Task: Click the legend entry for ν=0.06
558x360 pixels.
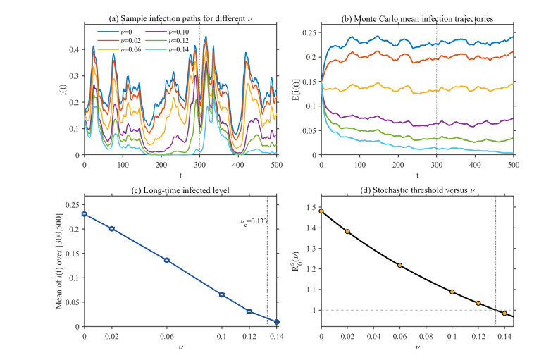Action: [x=119, y=49]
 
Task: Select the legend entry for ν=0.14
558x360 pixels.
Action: [x=167, y=49]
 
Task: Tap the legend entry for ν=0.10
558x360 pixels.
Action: [x=167, y=32]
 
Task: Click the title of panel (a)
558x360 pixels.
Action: [x=180, y=18]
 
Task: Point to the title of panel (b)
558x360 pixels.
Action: [x=417, y=18]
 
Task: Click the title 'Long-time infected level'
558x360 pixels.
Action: [x=186, y=190]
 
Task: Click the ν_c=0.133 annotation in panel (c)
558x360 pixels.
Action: [x=254, y=222]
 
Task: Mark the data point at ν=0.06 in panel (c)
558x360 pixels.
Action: [x=167, y=260]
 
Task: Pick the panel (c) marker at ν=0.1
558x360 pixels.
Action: [x=222, y=294]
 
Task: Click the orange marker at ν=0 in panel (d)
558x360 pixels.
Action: [x=321, y=211]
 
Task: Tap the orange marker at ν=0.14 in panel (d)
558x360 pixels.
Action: [x=504, y=314]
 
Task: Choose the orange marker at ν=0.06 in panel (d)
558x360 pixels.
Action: [x=399, y=266]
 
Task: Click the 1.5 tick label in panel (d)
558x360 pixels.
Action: [x=312, y=207]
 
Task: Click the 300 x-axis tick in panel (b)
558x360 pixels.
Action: [x=437, y=165]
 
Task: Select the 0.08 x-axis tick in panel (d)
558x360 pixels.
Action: [x=426, y=337]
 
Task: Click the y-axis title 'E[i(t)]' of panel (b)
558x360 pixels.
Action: [x=297, y=89]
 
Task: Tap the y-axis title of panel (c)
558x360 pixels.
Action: [x=59, y=261]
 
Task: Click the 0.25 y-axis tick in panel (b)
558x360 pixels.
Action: [x=309, y=32]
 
